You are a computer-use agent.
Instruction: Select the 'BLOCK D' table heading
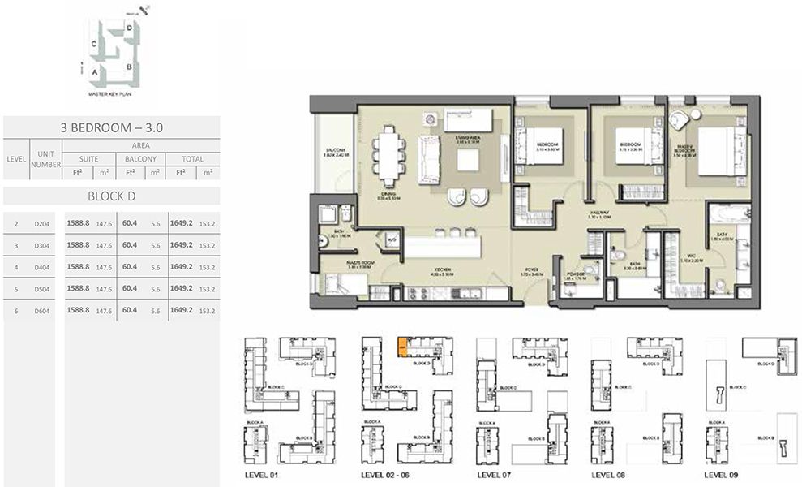coord(111,196)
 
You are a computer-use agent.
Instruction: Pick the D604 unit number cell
coord(42,310)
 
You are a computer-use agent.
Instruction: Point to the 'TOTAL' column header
coord(192,159)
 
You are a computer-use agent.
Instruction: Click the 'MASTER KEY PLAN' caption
coord(110,95)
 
